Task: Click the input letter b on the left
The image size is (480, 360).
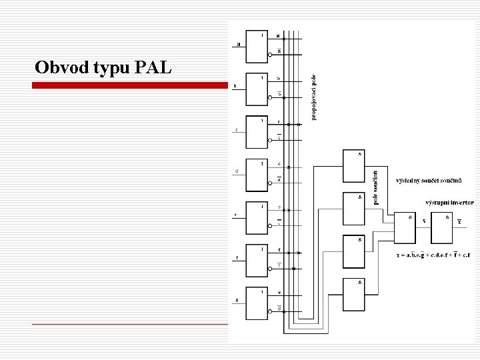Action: (x=235, y=87)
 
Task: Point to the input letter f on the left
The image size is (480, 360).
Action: (x=237, y=258)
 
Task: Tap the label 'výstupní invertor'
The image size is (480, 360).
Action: (x=449, y=202)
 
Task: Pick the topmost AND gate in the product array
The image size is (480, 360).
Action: (x=353, y=167)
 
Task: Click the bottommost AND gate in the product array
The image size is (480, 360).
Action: (x=353, y=294)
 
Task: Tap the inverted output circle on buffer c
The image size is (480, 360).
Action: (x=270, y=139)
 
